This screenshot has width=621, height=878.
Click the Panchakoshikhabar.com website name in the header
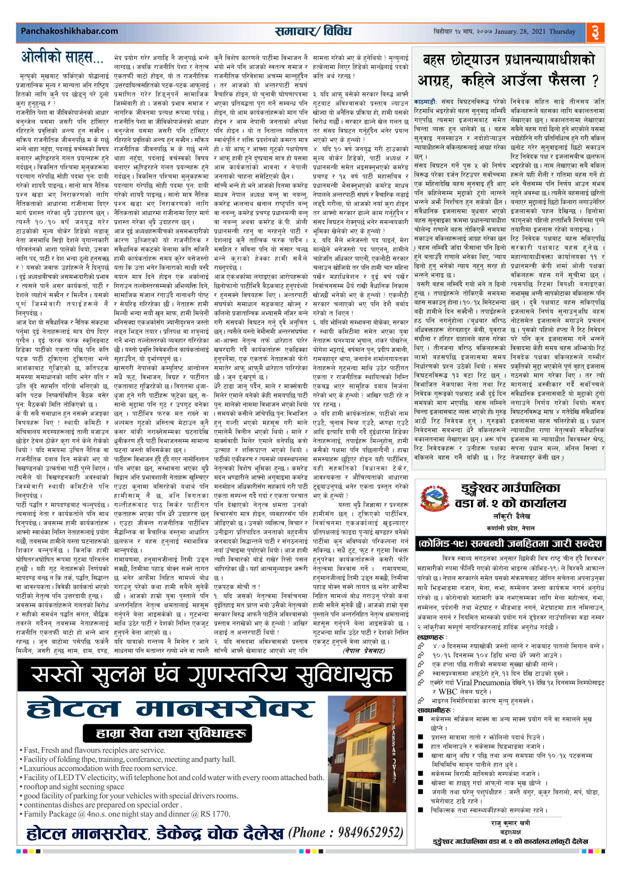[69, 31]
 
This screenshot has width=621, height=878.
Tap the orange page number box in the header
[595, 33]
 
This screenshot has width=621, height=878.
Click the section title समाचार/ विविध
[313, 31]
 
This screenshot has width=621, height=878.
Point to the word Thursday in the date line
[562, 32]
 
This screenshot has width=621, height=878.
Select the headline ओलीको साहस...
[62, 58]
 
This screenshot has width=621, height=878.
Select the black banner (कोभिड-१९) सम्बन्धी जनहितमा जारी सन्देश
[511, 543]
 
